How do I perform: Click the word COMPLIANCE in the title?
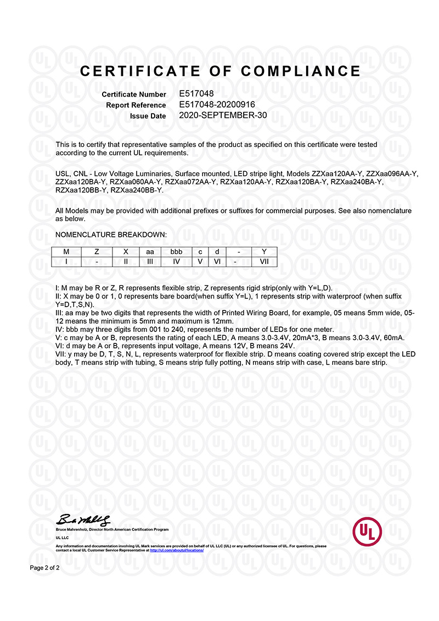(x=301, y=71)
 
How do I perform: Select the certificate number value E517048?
(x=196, y=94)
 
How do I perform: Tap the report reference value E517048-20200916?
(x=217, y=104)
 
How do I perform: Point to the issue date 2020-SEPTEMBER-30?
(x=222, y=115)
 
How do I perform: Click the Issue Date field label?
(x=148, y=116)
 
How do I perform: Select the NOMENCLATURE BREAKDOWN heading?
(x=111, y=235)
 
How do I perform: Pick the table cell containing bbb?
(x=176, y=252)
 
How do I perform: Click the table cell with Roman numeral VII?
(x=264, y=262)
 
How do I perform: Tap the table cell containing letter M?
(x=66, y=252)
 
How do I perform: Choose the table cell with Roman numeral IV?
(x=176, y=262)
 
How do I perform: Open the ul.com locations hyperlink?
(x=176, y=550)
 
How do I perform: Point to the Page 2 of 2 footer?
(x=44, y=568)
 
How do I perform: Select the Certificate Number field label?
(x=134, y=94)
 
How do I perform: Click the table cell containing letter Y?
(x=264, y=252)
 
